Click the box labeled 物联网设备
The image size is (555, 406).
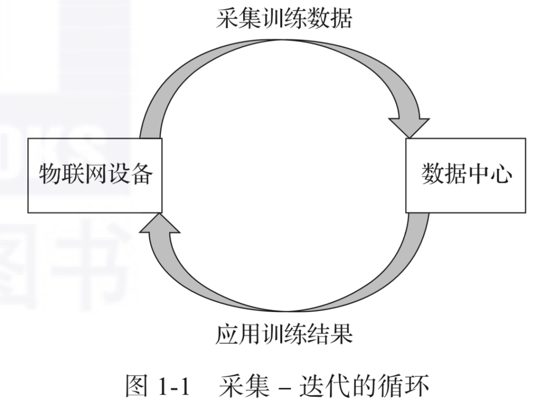pos(95,176)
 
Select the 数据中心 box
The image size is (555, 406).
pos(466,176)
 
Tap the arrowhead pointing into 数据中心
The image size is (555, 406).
pos(410,127)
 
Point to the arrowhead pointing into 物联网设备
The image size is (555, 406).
pos(159,223)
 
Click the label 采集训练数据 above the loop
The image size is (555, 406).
pos(284,18)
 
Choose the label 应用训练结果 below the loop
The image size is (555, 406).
pos(284,334)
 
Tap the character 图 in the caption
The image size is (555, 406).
pos(136,386)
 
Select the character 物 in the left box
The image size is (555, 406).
pos(49,173)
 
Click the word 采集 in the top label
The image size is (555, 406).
pos(238,18)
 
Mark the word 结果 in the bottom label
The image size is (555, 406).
pos(330,334)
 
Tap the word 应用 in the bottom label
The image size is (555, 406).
pos(238,334)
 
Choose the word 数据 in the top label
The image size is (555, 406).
pos(330,18)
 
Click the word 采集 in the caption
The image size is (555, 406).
pos(244,386)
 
